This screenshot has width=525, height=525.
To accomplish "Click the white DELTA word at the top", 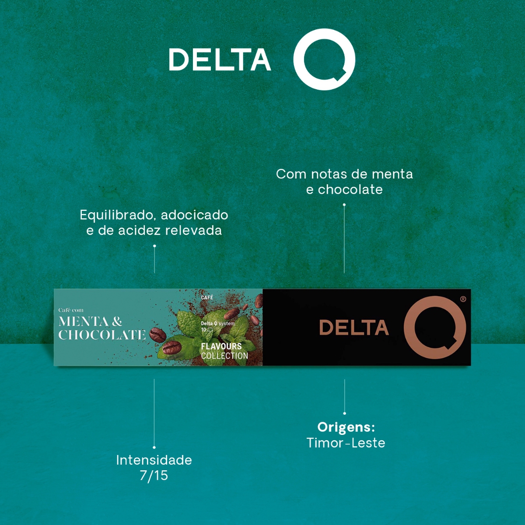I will click(220, 59).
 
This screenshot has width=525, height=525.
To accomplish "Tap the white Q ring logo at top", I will click(324, 59).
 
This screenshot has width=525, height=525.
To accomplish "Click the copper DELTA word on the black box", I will click(353, 328).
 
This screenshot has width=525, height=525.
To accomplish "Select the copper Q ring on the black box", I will click(434, 327).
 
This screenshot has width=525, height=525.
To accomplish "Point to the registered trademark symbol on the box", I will click(463, 299).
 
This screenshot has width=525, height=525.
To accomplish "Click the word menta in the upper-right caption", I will click(392, 174).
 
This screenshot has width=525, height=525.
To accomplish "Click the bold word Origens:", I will click(346, 427).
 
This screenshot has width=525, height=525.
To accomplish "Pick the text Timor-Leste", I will click(346, 443).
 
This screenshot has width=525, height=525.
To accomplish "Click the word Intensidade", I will click(154, 460).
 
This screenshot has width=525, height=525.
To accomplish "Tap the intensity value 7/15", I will click(154, 476).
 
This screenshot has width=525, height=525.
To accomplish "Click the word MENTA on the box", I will click(84, 322).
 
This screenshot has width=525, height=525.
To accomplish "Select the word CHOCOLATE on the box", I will click(102, 335).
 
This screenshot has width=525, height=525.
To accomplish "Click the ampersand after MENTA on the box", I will click(117, 322).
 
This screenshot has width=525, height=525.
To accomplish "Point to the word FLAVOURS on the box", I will click(221, 346).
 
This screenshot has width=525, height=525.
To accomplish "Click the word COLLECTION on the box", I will click(224, 356).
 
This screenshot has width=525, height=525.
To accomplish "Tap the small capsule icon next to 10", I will click(210, 329).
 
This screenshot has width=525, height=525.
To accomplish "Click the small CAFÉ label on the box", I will click(207, 297).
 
